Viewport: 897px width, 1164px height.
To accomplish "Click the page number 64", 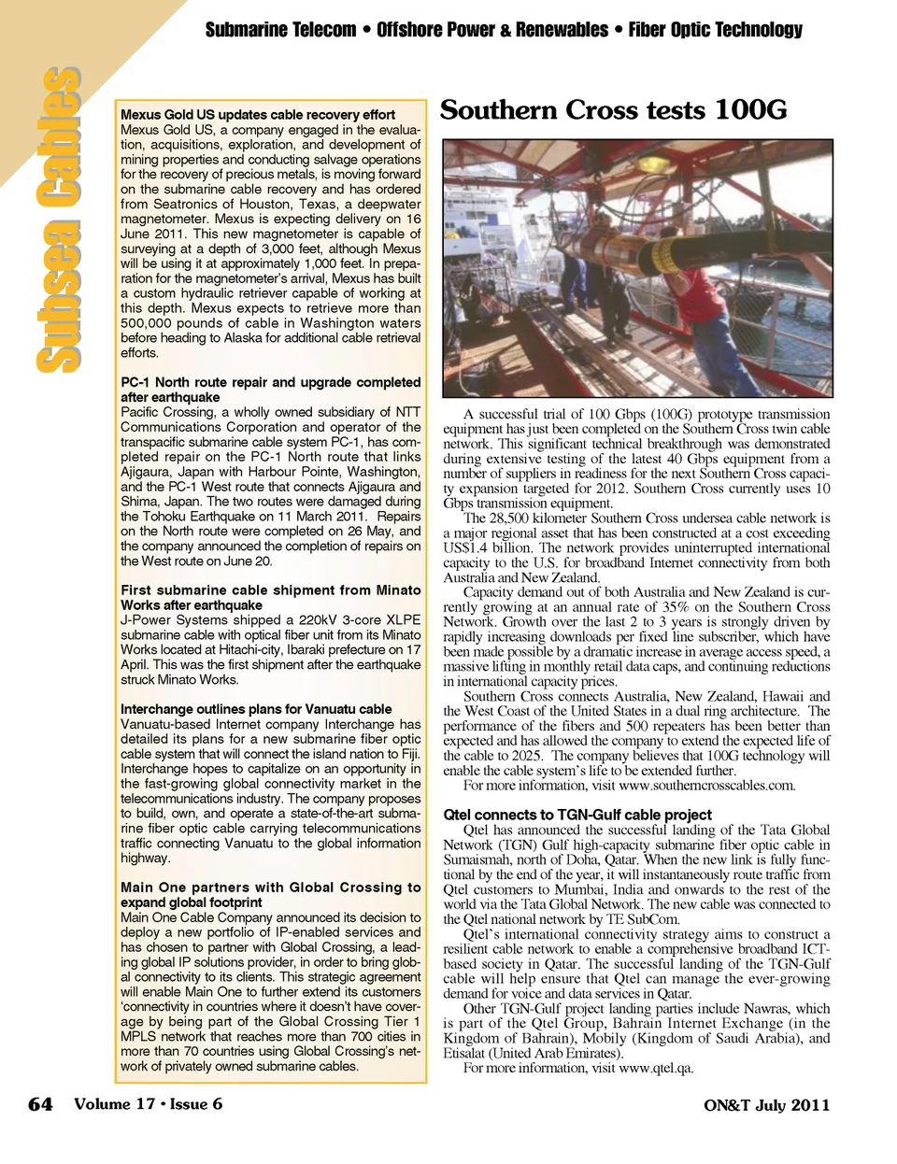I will click(40, 1104).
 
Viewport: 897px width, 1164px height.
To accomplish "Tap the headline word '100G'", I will click(749, 110).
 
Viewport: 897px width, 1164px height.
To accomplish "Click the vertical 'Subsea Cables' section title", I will click(58, 220).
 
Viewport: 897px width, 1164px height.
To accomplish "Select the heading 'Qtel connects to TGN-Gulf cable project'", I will click(577, 815).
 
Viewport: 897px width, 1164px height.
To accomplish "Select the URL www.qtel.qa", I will click(656, 1069).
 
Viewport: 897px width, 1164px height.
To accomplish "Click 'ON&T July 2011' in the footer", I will click(766, 1105).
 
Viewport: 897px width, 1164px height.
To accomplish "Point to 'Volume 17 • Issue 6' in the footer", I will click(148, 1104).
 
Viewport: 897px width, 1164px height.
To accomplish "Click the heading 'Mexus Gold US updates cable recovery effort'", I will click(258, 115).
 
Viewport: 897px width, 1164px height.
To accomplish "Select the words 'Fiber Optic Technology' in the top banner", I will click(715, 30).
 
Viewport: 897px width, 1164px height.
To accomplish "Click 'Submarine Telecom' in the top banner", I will click(280, 30).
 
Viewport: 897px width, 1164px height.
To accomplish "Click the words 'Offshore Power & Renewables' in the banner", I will click(492, 30).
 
